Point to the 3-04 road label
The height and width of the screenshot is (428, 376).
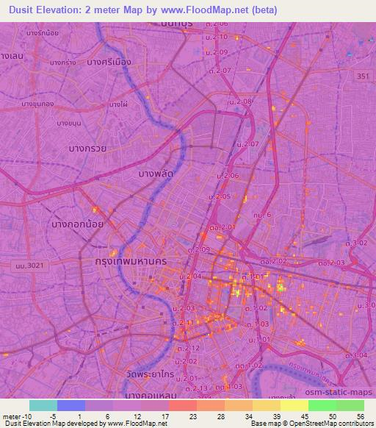coord(359,355)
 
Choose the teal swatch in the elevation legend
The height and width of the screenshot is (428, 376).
coord(43,405)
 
